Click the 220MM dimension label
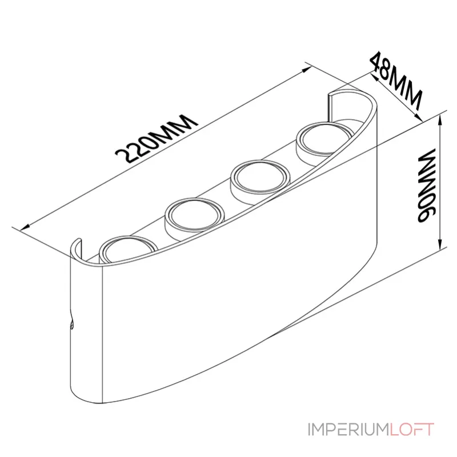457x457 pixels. pos(157,138)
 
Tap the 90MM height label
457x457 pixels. pos(426,186)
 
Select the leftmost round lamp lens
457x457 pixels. pos(128,248)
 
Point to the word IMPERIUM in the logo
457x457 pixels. pos(348,430)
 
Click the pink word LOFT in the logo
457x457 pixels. pos(412,430)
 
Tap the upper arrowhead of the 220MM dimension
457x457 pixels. pos(307,69)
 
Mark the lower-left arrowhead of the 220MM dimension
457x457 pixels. pos(25,227)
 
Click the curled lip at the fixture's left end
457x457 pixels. pos(76,248)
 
